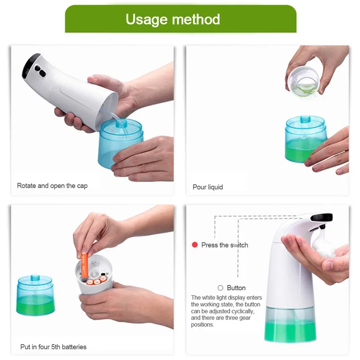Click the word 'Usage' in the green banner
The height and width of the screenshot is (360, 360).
pyautogui.click(x=147, y=19)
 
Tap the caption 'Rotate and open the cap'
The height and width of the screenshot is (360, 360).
pyautogui.click(x=52, y=186)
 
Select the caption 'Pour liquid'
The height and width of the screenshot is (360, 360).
pyautogui.click(x=208, y=187)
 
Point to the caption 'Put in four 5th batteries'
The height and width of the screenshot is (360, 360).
pyautogui.click(x=53, y=346)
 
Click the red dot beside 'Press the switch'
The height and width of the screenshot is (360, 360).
pyautogui.click(x=195, y=245)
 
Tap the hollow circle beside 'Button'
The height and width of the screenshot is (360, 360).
pyautogui.click(x=220, y=288)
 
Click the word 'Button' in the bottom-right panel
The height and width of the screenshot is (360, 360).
pyautogui.click(x=236, y=288)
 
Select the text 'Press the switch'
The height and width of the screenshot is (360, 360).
pyautogui.click(x=225, y=245)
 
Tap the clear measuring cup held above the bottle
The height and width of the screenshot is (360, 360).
pyautogui.click(x=303, y=81)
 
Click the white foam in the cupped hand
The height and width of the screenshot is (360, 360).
pyautogui.click(x=323, y=244)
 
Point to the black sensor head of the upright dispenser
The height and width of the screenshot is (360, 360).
pyautogui.click(x=321, y=217)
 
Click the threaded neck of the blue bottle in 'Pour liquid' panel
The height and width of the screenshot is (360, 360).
pyautogui.click(x=306, y=119)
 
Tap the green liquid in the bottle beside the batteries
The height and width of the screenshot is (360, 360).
pyautogui.click(x=36, y=306)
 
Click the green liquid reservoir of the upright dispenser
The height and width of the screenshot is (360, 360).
pyautogui.click(x=290, y=331)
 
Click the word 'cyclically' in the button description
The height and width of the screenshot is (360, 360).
pyautogui.click(x=243, y=311)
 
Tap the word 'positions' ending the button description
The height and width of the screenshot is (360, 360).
pyautogui.click(x=202, y=324)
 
